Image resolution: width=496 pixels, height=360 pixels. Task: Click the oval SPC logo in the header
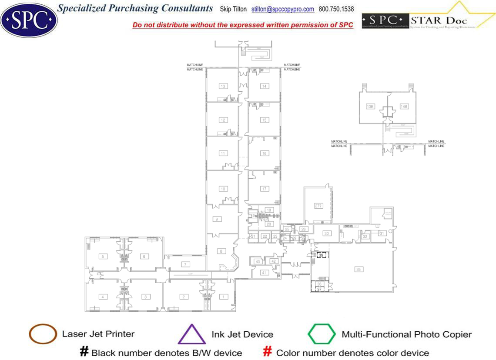pos(29,19)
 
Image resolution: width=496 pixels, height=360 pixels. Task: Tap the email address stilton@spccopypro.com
pos(283,9)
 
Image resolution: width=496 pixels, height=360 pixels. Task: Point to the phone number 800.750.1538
pos(336,9)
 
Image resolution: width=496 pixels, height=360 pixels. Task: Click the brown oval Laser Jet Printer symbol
pos(43,334)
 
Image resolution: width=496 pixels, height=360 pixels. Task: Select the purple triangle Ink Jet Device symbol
pos(192,334)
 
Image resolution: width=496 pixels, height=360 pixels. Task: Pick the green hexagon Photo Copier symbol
pos(322,334)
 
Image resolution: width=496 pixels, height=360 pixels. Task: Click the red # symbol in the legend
pos(268,352)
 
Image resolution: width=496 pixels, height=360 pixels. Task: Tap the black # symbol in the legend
pos(84,352)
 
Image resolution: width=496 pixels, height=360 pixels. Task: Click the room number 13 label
pos(223,86)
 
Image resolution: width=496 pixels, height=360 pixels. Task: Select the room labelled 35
pos(359,270)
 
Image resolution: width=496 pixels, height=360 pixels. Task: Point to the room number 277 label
pos(318,206)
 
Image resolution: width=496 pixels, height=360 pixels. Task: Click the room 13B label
pos(370,106)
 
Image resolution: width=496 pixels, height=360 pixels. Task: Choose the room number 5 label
pos(103,257)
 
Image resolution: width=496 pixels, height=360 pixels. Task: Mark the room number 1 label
pos(223,297)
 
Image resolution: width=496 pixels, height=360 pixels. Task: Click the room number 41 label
pos(264,273)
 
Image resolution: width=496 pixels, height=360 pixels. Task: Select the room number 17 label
pos(264,189)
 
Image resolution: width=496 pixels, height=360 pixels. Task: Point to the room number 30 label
pos(326,233)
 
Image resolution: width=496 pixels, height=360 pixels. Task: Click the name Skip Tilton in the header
pos(234,9)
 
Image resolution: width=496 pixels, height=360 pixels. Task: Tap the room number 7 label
pos(185,264)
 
